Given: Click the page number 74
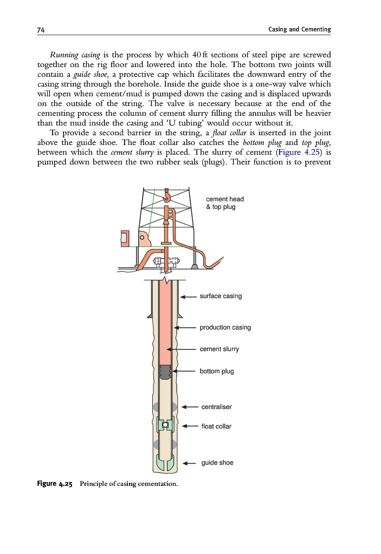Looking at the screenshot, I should click(x=41, y=29).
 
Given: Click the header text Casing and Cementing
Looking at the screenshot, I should click(x=299, y=29).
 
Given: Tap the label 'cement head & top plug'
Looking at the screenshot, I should click(x=224, y=203).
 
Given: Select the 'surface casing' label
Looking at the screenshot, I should click(x=221, y=296).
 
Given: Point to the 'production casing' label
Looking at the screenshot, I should click(x=225, y=327).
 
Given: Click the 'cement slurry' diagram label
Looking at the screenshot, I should click(x=219, y=349).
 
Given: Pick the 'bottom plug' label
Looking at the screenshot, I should click(x=217, y=372).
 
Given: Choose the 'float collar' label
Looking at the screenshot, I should click(x=216, y=426).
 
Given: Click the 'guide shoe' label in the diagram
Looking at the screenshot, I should click(x=217, y=463).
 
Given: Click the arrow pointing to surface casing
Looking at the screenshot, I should click(x=188, y=296).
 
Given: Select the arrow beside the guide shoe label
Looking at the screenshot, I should click(x=189, y=463).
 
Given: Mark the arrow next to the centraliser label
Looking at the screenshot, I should click(x=189, y=406).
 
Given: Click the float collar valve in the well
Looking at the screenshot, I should click(x=165, y=424).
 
